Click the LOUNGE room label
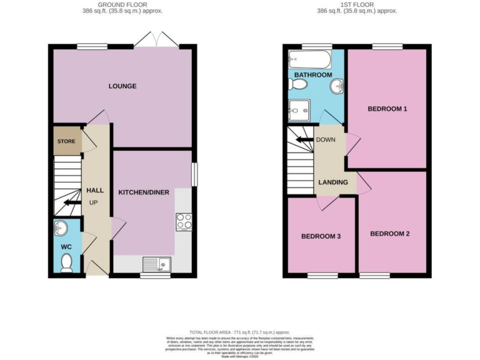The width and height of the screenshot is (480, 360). point(122,86)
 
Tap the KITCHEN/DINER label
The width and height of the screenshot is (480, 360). point(144,192)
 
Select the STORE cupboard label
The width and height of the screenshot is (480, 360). point(66,141)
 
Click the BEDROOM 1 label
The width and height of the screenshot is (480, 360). point(387,109)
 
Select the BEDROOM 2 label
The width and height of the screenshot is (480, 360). point(389,234)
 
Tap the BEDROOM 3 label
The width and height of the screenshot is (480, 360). point(321,236)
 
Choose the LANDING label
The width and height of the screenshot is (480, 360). point(333,182)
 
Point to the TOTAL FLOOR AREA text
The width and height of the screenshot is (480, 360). point(239,332)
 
